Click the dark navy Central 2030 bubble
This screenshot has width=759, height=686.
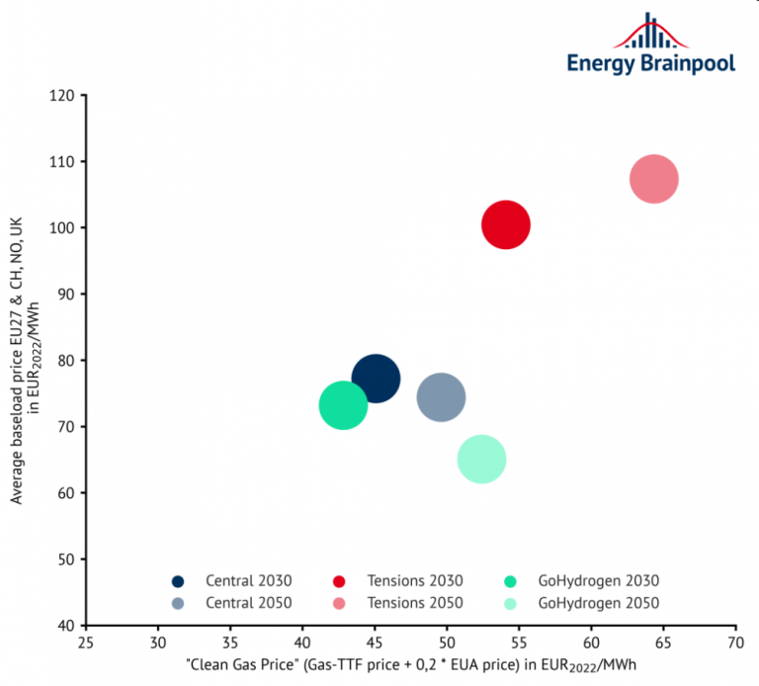(x=376, y=379)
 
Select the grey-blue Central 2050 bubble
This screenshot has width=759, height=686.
(x=442, y=397)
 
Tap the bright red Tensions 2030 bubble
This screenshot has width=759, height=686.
(x=506, y=225)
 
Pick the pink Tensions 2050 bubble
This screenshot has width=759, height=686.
(x=653, y=179)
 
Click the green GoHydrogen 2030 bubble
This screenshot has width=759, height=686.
(x=343, y=405)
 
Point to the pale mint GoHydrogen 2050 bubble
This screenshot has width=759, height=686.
(x=482, y=459)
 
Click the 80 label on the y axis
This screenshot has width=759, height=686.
(x=66, y=360)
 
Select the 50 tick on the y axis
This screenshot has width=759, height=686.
(x=66, y=559)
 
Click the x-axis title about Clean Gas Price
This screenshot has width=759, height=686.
(x=410, y=665)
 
